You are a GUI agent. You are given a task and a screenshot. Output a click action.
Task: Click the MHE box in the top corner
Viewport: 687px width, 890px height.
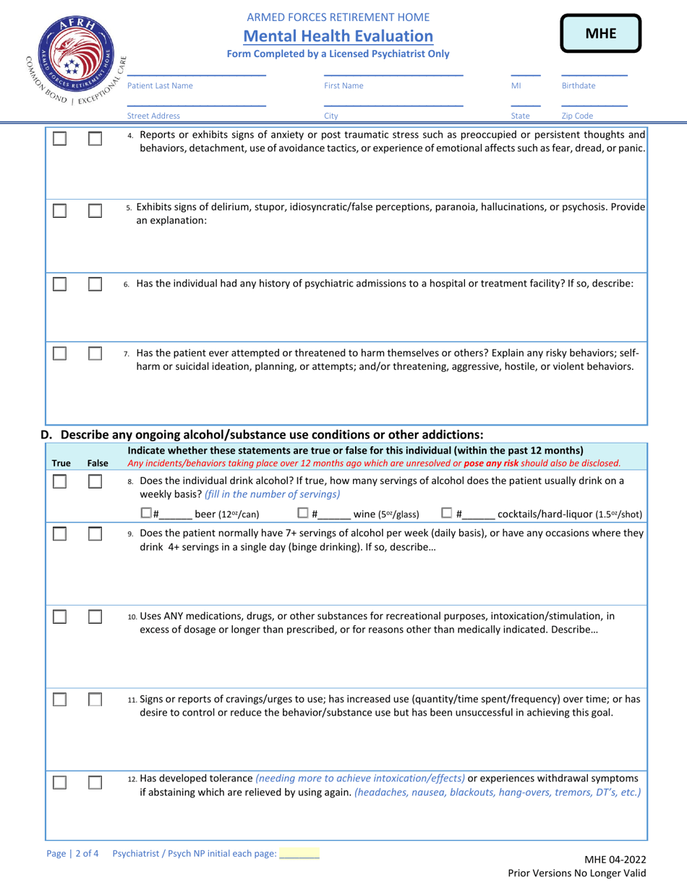coord(599,35)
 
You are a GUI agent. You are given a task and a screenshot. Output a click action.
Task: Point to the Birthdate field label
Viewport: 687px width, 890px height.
coord(579,85)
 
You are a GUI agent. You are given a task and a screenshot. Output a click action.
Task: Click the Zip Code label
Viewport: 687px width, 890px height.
coord(576,115)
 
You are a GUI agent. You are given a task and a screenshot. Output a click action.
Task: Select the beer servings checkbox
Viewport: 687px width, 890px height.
coord(145,514)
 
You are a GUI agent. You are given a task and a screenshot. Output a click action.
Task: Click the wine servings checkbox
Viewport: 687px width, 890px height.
coord(304,514)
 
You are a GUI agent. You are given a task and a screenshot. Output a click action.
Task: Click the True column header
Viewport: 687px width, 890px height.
coord(61,462)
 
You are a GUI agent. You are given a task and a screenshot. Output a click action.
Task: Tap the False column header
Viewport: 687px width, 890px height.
coord(97,462)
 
